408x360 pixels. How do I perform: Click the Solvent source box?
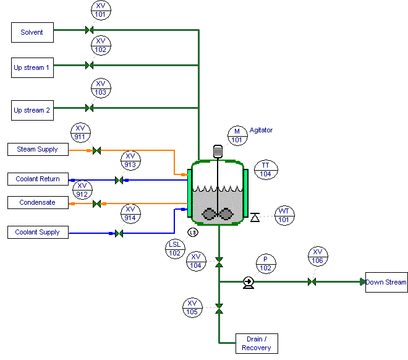click(x=32, y=32)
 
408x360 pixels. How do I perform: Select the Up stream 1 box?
click(x=32, y=67)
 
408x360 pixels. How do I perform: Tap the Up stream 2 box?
click(x=32, y=110)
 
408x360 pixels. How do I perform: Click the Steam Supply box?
click(x=37, y=149)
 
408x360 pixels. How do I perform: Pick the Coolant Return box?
click(x=37, y=179)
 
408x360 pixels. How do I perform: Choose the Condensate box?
click(x=37, y=202)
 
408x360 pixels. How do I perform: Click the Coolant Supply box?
click(x=37, y=233)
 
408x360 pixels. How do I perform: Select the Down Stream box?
click(x=386, y=282)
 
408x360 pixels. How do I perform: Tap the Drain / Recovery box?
click(x=257, y=343)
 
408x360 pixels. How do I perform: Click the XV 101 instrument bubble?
click(x=100, y=9)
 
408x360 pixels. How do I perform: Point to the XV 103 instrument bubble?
click(x=100, y=88)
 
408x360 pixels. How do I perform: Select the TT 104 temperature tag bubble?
click(x=266, y=170)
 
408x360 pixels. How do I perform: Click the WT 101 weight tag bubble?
click(x=284, y=215)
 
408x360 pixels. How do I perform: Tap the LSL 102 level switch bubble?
click(x=175, y=249)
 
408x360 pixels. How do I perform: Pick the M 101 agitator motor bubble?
click(x=237, y=135)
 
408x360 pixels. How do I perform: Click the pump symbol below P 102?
click(x=249, y=282)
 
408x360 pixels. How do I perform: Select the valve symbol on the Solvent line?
click(x=88, y=30)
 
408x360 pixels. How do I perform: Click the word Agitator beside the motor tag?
click(x=261, y=131)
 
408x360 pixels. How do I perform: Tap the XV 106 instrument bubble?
click(x=318, y=256)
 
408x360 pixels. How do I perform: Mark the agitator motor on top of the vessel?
click(x=218, y=150)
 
